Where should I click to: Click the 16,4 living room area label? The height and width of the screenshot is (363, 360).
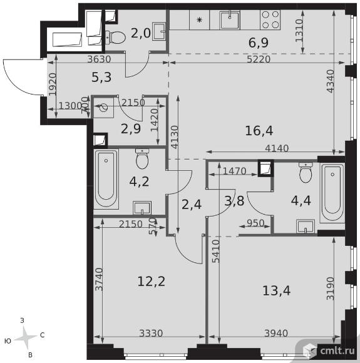tap(259, 131)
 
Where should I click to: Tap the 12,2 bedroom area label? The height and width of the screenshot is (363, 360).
tap(152, 282)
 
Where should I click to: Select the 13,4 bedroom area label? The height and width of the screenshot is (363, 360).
tap(276, 290)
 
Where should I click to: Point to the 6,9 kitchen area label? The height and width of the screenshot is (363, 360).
tap(259, 43)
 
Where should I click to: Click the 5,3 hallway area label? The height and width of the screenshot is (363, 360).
tap(101, 77)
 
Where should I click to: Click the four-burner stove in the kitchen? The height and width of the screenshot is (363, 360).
tap(270, 19)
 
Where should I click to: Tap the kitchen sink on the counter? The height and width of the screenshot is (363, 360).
tap(230, 19)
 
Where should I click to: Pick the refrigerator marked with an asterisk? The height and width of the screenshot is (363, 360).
tap(200, 19)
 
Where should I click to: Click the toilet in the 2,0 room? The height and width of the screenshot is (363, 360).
tap(115, 38)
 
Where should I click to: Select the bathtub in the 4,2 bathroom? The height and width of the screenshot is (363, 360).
tap(106, 179)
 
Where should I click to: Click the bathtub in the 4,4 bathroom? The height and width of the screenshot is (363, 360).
tap(332, 193)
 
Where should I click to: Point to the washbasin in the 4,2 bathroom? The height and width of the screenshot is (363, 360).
tap(142, 208)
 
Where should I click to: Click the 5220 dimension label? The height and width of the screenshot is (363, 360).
tap(259, 59)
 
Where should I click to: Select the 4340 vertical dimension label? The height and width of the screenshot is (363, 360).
tap(330, 81)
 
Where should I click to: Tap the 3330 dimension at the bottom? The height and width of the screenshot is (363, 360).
tap(151, 334)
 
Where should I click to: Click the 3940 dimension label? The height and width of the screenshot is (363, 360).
tap(276, 334)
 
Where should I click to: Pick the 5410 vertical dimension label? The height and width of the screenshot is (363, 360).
tap(215, 251)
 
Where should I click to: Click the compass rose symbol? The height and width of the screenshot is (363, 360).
tap(26, 337)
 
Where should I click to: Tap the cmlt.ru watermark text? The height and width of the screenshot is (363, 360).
tap(337, 351)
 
